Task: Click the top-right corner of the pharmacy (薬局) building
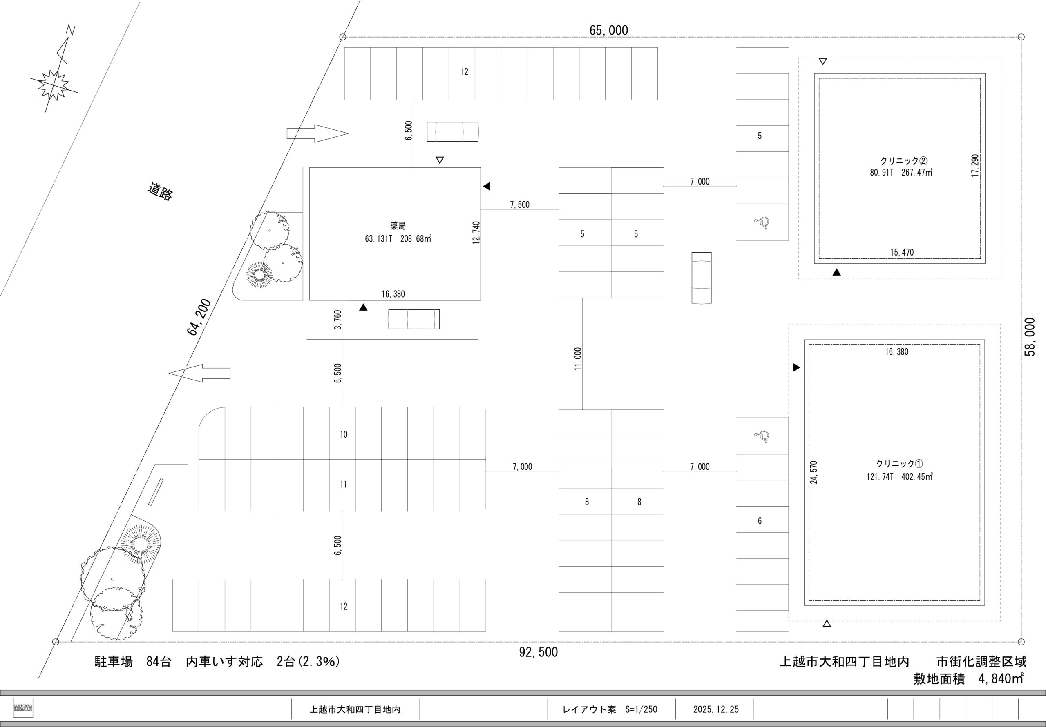pyautogui.click(x=481, y=167)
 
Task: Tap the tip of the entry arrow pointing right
pyautogui.click(x=348, y=133)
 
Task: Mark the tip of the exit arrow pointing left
pyautogui.click(x=169, y=373)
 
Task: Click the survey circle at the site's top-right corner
pyautogui.click(x=1021, y=37)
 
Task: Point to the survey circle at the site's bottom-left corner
pyautogui.click(x=56, y=642)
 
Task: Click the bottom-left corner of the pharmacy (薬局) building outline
pyautogui.click(x=310, y=300)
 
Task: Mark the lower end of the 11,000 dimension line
pyautogui.click(x=582, y=410)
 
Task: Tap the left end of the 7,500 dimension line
pyautogui.click(x=481, y=209)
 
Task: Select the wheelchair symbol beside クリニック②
pyautogui.click(x=762, y=222)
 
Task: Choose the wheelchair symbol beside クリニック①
pyautogui.click(x=762, y=436)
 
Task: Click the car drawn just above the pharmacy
pyautogui.click(x=452, y=131)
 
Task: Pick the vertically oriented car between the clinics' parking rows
pyautogui.click(x=702, y=278)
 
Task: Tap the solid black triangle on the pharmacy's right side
pyautogui.click(x=487, y=186)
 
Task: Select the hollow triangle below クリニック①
pyautogui.click(x=827, y=623)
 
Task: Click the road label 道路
pyautogui.click(x=160, y=192)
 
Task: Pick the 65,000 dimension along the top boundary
pyautogui.click(x=609, y=31)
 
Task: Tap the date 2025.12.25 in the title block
pyautogui.click(x=716, y=710)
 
